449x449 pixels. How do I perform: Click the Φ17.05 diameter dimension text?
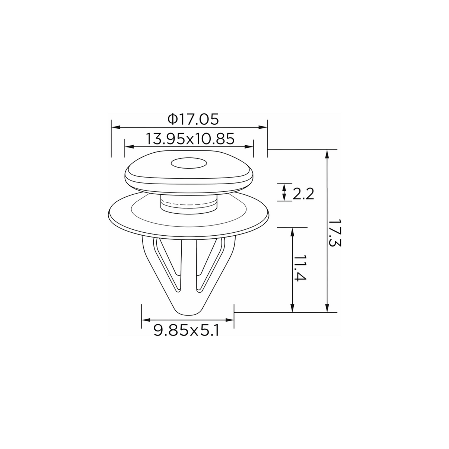tap(193, 119)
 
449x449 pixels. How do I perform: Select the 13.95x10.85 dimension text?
tap(190, 139)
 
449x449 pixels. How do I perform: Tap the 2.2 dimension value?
tap(303, 194)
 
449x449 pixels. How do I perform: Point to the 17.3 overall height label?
tap(335, 233)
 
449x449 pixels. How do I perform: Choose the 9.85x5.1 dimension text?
tap(187, 330)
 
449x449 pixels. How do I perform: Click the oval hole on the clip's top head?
tap(189, 163)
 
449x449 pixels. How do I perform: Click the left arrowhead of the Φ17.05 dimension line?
tap(116, 127)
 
